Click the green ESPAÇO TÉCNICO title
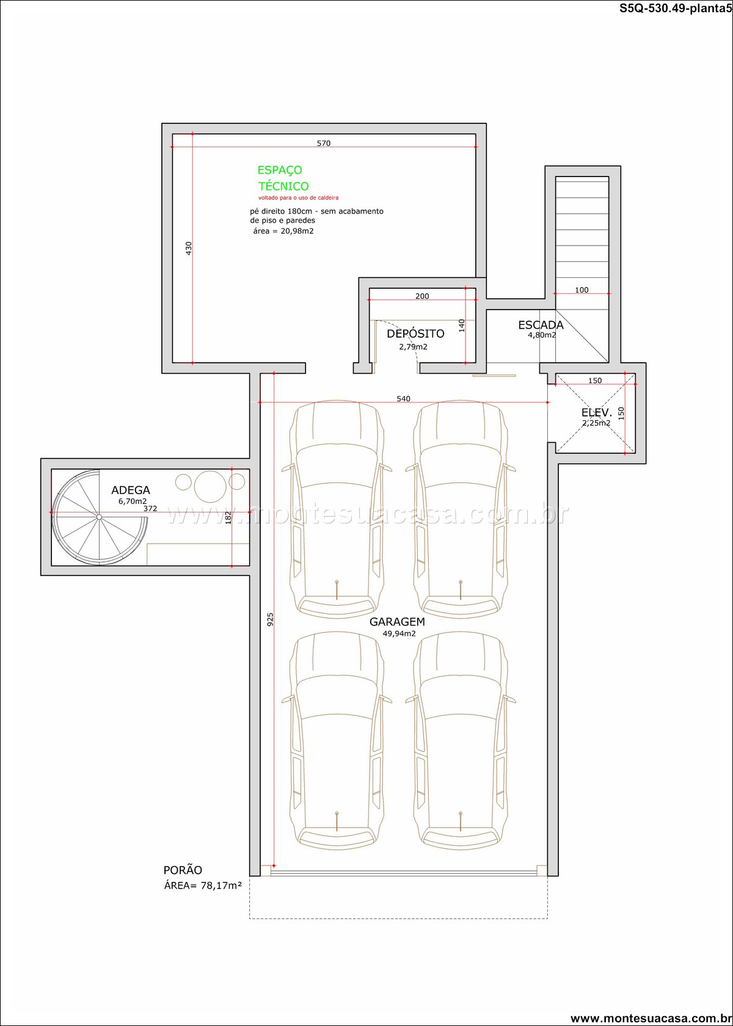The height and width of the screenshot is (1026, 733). click(x=283, y=178)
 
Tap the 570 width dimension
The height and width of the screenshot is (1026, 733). click(x=324, y=144)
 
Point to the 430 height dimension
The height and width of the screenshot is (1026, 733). click(x=188, y=248)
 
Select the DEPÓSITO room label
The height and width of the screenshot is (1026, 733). click(x=415, y=333)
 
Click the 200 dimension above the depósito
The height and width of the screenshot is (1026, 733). click(x=422, y=296)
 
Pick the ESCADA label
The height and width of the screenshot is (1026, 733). click(x=541, y=325)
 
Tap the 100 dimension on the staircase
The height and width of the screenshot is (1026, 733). click(x=582, y=290)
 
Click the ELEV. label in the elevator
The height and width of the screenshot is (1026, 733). click(x=596, y=413)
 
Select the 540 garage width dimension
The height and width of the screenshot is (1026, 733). click(x=403, y=399)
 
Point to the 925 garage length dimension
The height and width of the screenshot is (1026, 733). click(x=270, y=620)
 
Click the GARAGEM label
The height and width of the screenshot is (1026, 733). click(x=397, y=622)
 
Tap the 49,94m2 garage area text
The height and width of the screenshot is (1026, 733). click(x=399, y=634)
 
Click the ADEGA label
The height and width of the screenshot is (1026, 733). click(x=131, y=490)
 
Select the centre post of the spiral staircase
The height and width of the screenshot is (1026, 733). click(x=99, y=517)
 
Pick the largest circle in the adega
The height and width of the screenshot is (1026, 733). click(x=210, y=486)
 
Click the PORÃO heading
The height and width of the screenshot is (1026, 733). click(x=183, y=870)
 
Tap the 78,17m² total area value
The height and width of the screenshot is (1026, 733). click(x=221, y=886)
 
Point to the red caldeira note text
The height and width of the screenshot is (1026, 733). click(x=298, y=198)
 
